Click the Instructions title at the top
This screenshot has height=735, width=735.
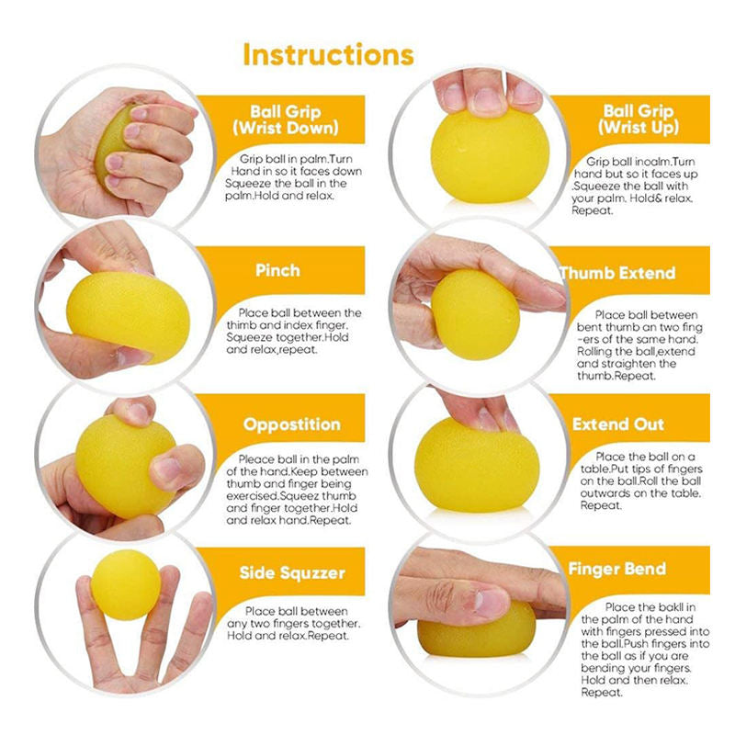tap(328, 53)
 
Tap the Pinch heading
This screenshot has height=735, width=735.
tap(277, 271)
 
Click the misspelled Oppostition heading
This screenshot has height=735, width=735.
tap(291, 424)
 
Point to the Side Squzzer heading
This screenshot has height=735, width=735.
tap(291, 573)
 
